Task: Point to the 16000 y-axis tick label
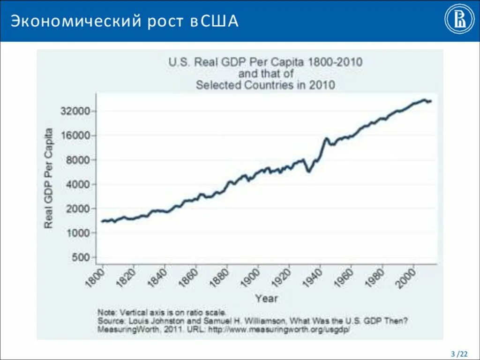pyautogui.click(x=77, y=135)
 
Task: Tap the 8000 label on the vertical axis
pyautogui.click(x=80, y=160)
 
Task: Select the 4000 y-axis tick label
pyautogui.click(x=80, y=184)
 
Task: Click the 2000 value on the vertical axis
pyautogui.click(x=80, y=209)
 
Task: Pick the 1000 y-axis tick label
pyautogui.click(x=80, y=233)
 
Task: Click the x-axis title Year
pyautogui.click(x=266, y=298)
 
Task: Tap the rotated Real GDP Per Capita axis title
pyautogui.click(x=48, y=178)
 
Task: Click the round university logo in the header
pyautogui.click(x=459, y=21)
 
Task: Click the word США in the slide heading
pyautogui.click(x=221, y=22)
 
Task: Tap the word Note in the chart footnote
pyautogui.click(x=107, y=312)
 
